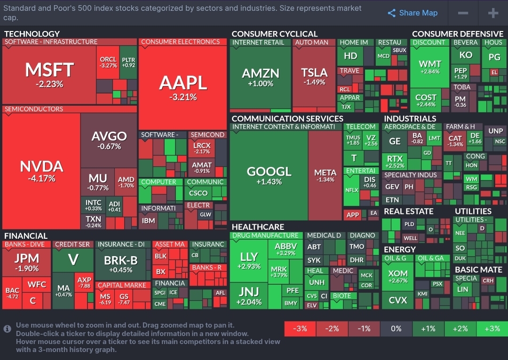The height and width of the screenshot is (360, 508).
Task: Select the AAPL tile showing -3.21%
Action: [183, 87]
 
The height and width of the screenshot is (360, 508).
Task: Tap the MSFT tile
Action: [49, 74]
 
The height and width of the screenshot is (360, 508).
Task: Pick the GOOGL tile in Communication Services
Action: [269, 175]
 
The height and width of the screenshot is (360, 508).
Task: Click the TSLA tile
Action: [314, 76]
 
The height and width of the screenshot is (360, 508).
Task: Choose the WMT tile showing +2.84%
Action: [429, 67]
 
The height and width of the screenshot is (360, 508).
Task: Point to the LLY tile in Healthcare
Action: [248, 260]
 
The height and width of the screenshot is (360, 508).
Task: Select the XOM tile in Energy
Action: [397, 276]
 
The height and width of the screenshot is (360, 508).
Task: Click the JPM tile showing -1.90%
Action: [26, 262]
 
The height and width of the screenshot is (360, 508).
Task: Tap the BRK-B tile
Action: [120, 264]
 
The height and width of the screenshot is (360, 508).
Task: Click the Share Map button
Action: [413, 13]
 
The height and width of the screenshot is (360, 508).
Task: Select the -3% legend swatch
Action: [300, 329]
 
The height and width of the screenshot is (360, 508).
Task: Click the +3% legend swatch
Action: [492, 329]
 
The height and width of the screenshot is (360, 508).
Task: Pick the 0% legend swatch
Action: [396, 329]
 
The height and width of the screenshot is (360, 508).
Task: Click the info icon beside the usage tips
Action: [7, 329]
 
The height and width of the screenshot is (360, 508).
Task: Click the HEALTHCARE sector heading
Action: [258, 227]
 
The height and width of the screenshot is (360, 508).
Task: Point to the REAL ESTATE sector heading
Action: [408, 211]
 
